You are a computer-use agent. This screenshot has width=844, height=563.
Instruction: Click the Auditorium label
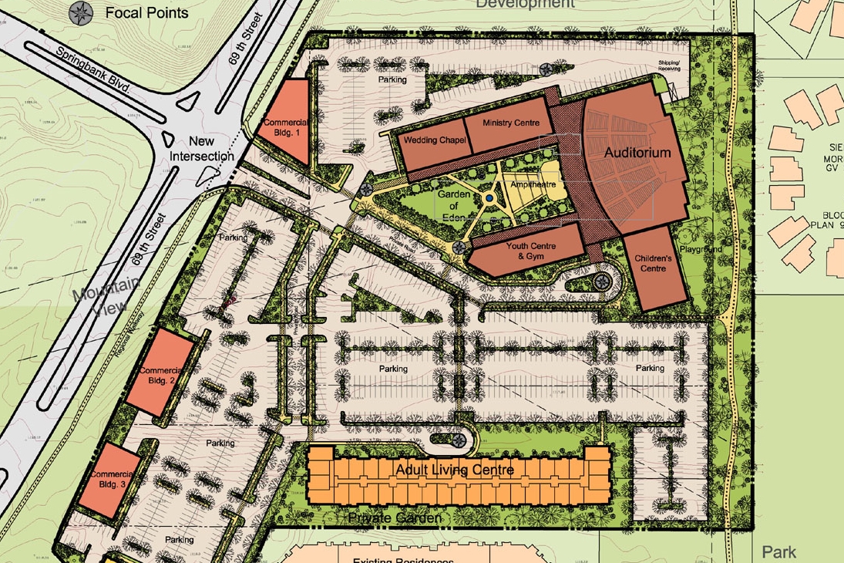pos(637,153)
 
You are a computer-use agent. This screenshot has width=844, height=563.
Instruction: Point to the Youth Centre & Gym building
pos(526,251)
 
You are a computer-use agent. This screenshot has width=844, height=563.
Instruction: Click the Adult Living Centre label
pos(454,470)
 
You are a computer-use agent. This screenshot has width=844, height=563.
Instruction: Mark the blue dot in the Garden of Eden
pos(489,199)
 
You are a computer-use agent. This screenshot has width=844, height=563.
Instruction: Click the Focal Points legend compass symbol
pos(79,12)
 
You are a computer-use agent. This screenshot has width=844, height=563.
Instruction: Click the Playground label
pos(701,250)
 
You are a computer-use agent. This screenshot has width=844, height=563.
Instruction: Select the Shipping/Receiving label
pos(669,65)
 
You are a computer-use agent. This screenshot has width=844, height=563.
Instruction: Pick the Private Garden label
pos(395,517)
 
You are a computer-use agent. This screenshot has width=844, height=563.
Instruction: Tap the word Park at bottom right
pos(778,552)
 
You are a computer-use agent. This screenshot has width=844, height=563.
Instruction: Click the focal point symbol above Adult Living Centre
pos(460,440)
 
